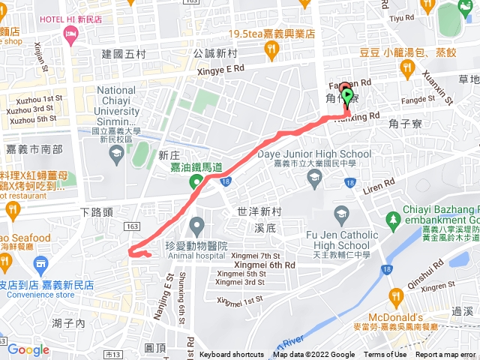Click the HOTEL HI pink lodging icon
71,34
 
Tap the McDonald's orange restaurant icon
394,295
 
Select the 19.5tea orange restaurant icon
271,50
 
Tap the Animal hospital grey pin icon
197,224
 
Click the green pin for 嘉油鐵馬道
197,182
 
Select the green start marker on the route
347,95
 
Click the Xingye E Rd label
218,68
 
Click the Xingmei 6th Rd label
263,265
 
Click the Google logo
28,349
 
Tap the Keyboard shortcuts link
232,355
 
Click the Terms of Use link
385,355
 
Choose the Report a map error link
447,355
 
